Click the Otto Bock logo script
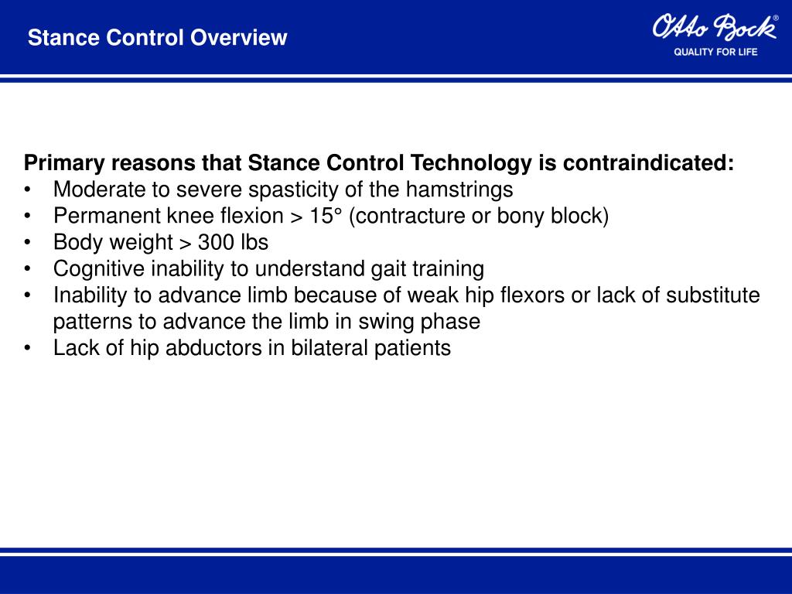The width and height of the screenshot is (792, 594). point(713,28)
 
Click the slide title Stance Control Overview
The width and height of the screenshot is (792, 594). point(157,37)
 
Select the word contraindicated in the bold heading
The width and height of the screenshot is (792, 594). point(647,163)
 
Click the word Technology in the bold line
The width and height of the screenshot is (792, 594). point(469,163)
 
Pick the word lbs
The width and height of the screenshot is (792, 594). point(253,242)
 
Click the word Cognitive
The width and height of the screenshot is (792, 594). point(97,269)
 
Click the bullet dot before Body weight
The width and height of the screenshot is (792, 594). point(28,243)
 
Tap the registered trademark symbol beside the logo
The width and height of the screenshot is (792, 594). point(776,18)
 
